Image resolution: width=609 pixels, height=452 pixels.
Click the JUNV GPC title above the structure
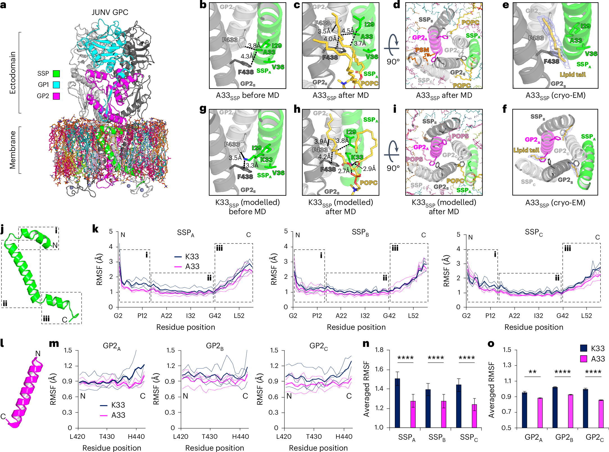[x=110, y=12]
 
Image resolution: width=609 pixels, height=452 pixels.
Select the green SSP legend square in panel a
[x=56, y=74]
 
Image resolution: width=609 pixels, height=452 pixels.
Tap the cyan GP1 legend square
[x=56, y=85]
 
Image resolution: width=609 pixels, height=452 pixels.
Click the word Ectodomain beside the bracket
[x=13, y=73]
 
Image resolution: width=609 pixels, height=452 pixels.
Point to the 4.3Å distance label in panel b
[x=247, y=56]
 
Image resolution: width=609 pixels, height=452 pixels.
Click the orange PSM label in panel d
[x=422, y=50]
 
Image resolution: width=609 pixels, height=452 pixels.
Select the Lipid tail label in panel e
[x=572, y=74]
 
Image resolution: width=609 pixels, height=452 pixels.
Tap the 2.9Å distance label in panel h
[x=369, y=169]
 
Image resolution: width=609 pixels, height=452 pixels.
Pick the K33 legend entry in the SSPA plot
[x=192, y=257]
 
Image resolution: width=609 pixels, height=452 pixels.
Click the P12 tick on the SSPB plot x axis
[x=317, y=316]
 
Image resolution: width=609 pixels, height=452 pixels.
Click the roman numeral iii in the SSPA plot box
[x=219, y=248]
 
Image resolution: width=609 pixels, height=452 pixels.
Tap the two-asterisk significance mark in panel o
[x=532, y=372]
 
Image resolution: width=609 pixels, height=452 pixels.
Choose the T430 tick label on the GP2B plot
[x=210, y=437]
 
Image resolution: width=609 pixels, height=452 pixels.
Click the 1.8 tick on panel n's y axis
[x=379, y=350]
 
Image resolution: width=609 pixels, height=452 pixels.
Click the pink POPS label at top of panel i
[x=460, y=136]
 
